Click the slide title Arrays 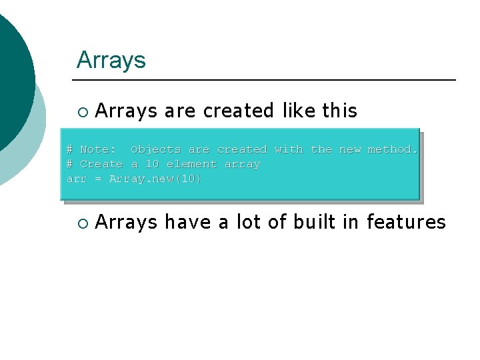pos(111,60)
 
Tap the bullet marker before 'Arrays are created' pos(82,111)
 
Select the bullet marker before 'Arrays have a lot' pos(82,223)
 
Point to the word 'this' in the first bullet pos(340,111)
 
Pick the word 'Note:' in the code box pos(98,149)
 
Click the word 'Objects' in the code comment pos(156,149)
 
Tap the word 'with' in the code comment pos(288,149)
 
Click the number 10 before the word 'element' pos(152,164)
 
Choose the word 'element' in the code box pos(191,164)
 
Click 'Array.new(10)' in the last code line pos(155,179)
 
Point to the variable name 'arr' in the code pos(77,179)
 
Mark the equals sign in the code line pos(98,179)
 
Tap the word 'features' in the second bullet pos(406,222)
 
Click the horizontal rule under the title pos(267,80)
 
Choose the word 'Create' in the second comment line pos(101,164)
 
